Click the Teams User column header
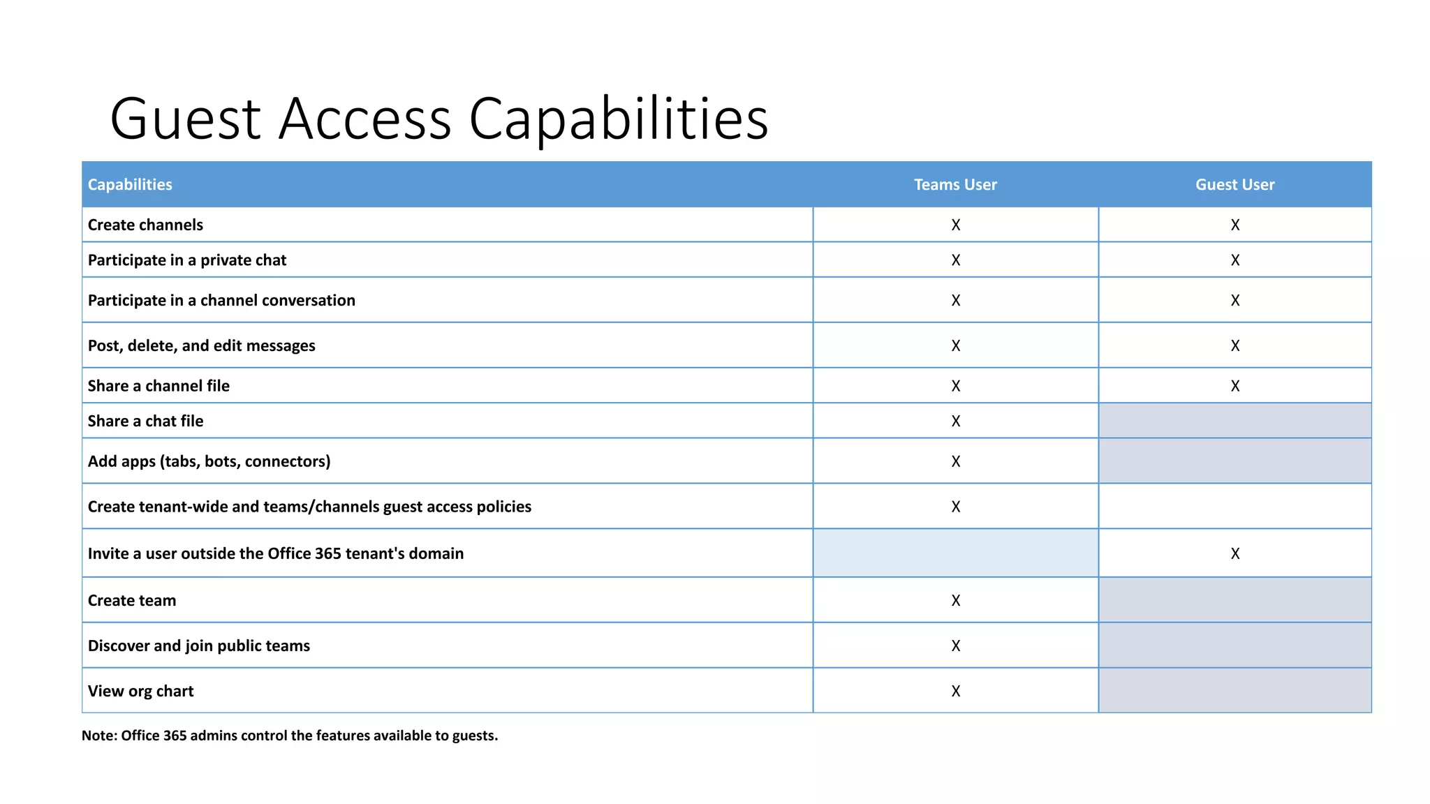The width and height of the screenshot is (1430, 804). [x=955, y=184]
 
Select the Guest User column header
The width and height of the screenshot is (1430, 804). [x=1234, y=184]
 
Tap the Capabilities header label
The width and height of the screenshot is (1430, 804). [x=130, y=184]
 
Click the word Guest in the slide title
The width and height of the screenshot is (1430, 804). [x=186, y=119]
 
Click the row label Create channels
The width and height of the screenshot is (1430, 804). [x=145, y=225]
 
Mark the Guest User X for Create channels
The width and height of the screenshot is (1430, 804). [x=1234, y=225]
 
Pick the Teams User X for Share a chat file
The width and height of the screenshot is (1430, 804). [x=955, y=421]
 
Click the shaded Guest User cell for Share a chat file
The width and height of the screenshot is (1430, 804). [x=1234, y=421]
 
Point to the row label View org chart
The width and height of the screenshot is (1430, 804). [x=140, y=691]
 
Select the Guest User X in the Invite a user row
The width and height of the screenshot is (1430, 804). [x=1234, y=553]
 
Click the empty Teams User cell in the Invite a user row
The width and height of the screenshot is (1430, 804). [x=955, y=553]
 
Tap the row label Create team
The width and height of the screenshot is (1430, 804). [x=132, y=600]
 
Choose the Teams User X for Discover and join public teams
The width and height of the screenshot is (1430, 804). [x=955, y=646]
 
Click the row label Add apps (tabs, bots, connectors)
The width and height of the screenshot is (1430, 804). [x=209, y=461]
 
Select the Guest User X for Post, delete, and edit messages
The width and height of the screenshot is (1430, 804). [x=1234, y=345]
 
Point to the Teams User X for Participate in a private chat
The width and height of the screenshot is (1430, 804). [x=955, y=260]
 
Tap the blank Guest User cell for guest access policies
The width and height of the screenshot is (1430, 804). [x=1234, y=506]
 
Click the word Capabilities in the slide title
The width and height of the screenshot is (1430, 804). [x=618, y=119]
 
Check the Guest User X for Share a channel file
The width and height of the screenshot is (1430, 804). [x=1234, y=386]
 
